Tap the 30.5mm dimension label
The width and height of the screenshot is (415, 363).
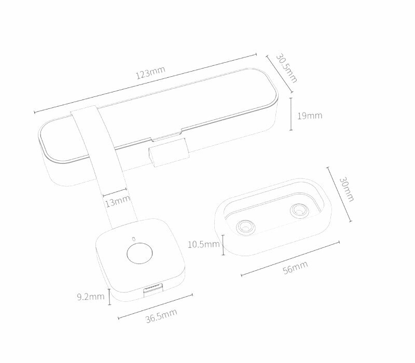pos(286,67)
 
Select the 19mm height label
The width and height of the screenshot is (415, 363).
pos(310,115)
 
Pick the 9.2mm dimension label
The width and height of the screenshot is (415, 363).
pos(91,297)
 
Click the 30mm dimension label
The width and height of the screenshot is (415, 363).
pos(346,189)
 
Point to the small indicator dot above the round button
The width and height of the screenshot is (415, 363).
pos(134,239)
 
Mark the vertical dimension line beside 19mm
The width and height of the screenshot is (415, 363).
pos(290,114)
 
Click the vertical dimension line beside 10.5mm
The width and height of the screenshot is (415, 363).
pos(223,245)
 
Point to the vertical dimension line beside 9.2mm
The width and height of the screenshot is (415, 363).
pos(109,297)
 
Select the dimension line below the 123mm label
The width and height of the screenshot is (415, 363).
pos(145,82)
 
